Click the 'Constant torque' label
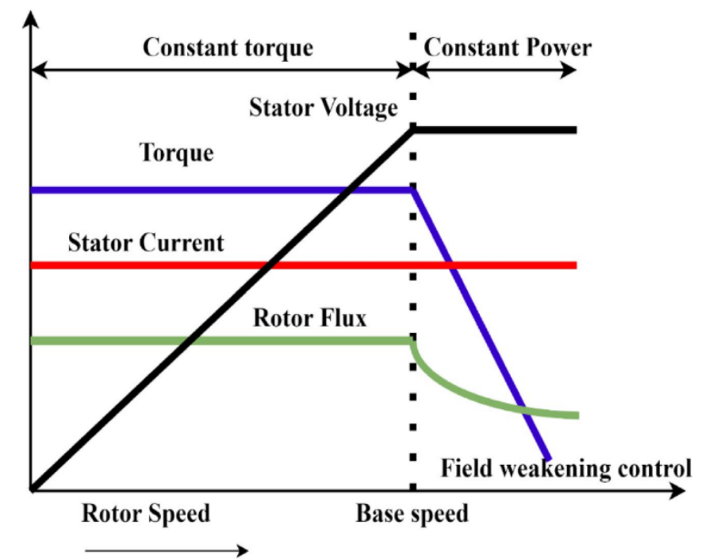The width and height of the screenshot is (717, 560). pos(228,47)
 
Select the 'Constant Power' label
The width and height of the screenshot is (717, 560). pos(508,47)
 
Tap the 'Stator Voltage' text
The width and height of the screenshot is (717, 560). pos(323,107)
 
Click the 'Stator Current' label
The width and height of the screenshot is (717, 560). pos(146,242)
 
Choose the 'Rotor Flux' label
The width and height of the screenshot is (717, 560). pos(309,318)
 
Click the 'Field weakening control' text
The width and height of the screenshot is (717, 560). pos(566,467)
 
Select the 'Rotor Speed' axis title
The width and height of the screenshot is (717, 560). pos(146,513)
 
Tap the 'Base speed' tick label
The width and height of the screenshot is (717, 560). pos(412,513)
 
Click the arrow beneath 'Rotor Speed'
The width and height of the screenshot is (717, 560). pos(167,548)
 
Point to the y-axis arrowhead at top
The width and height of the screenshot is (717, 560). pos(31,17)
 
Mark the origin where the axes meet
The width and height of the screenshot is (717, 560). pos(32,489)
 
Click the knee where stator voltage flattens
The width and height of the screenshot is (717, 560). pos(413,129)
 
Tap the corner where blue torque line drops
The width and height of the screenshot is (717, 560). pos(413,190)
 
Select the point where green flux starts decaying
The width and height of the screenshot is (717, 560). pos(413,342)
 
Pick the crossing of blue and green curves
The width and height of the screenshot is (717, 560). pos(525,410)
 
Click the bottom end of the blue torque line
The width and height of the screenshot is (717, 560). pos(548,458)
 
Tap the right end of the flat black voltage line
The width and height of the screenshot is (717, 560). pos(574,129)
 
